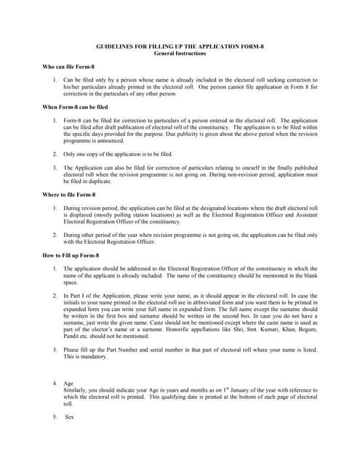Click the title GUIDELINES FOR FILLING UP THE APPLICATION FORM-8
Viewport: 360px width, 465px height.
click(180, 46)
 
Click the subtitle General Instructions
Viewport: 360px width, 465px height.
click(180, 53)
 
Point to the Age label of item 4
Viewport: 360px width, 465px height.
click(69, 383)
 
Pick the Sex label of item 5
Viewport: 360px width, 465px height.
click(70, 417)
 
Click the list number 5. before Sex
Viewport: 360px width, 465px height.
click(55, 417)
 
